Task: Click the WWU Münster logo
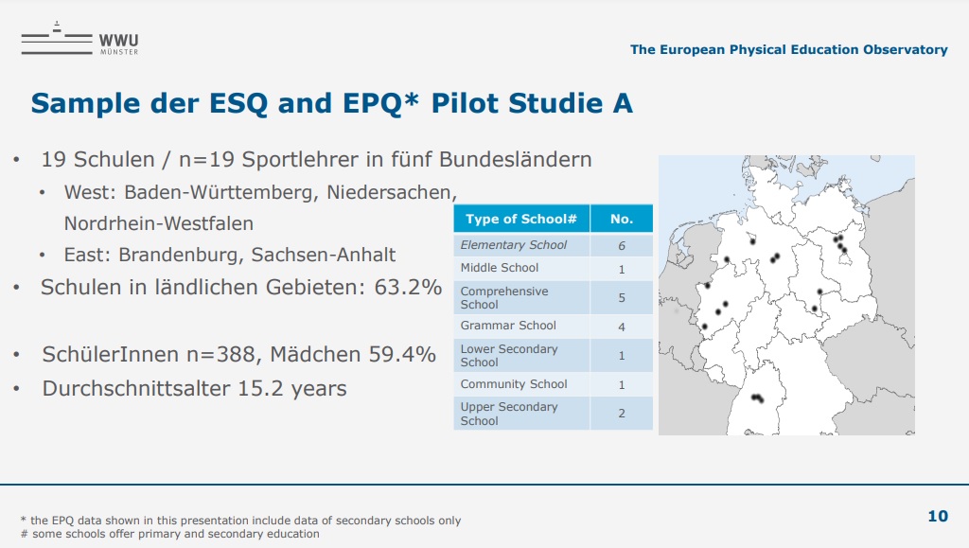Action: coord(79,39)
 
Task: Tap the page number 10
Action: coord(938,516)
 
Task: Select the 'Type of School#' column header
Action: coord(521,219)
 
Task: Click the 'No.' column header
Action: coord(622,219)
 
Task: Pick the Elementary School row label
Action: coord(514,244)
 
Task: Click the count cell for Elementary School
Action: coord(622,245)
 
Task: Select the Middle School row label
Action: coord(500,268)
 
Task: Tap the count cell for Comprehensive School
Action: coord(622,298)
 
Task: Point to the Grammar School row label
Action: coord(508,326)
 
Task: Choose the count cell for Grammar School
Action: coord(622,327)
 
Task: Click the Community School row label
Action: coord(514,384)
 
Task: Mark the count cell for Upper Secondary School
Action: coord(622,414)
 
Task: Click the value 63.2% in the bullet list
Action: coord(408,288)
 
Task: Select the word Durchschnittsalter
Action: coord(136,389)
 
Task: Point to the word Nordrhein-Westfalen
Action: coord(159,223)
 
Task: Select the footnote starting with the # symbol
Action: coord(170,534)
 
